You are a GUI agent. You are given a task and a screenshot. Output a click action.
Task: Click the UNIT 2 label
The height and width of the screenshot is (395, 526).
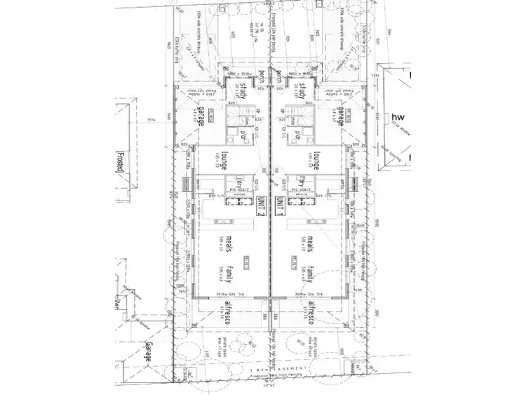tap(262, 208)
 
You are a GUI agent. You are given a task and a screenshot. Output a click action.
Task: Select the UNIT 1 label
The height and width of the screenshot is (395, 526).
tap(280, 208)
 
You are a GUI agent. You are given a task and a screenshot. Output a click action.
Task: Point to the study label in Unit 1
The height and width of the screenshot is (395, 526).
tap(303, 92)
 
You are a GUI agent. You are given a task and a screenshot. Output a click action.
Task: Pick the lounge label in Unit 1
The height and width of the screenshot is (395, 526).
tap(317, 160)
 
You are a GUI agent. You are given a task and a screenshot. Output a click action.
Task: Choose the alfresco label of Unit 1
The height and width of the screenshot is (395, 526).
tap(309, 310)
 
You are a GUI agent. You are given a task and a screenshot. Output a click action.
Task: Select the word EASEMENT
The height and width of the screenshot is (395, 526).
tap(288, 368)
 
